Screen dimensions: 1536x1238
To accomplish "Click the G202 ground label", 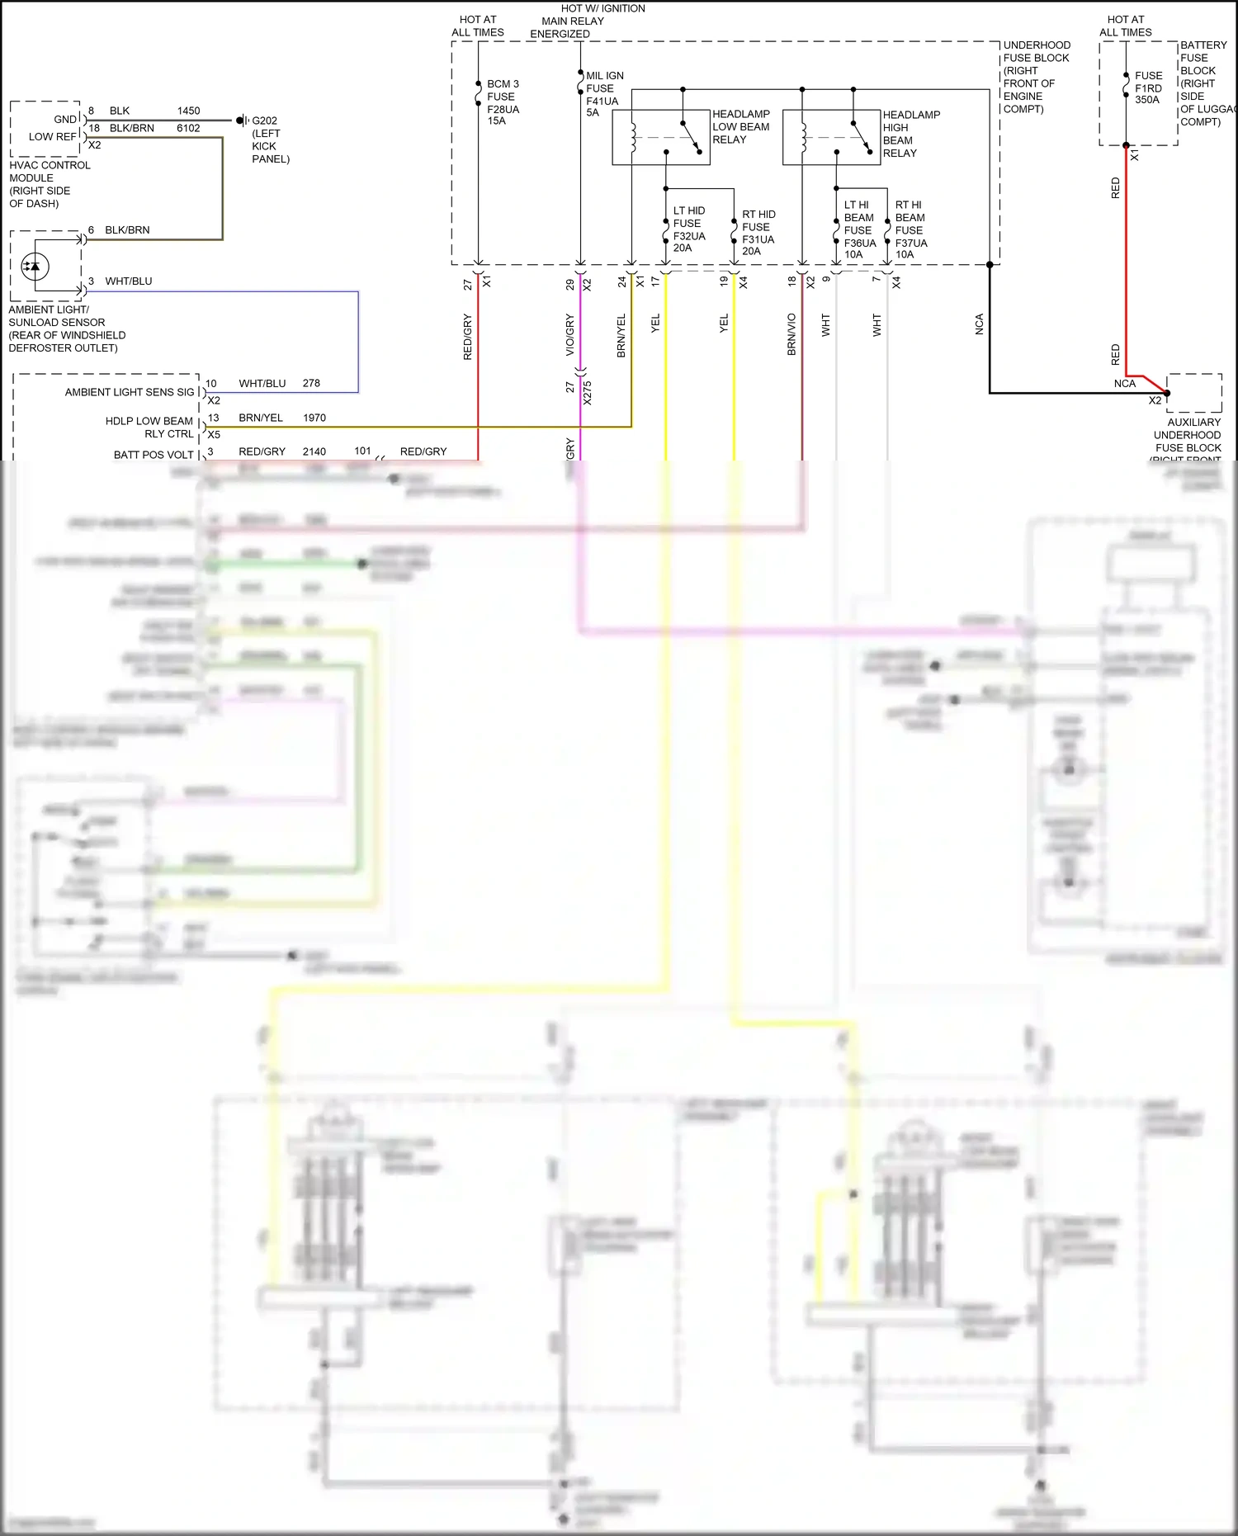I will click(264, 121).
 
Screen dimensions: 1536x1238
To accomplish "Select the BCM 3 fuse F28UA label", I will click(503, 102).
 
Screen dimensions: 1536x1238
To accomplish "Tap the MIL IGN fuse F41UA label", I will click(604, 94).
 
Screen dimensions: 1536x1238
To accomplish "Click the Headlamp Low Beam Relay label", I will click(740, 127).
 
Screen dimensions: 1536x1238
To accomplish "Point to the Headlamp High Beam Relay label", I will click(911, 134).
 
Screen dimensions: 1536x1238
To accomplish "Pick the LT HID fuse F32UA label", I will click(689, 229).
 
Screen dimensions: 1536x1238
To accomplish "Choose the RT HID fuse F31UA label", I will click(758, 233).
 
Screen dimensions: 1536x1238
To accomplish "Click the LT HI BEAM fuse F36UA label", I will click(859, 229).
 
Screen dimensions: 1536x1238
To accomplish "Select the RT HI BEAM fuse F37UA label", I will click(910, 229).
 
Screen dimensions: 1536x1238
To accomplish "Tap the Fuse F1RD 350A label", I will click(1148, 87).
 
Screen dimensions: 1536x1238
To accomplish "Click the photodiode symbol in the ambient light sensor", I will click(34, 267).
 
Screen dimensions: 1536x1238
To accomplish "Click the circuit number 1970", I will click(314, 418).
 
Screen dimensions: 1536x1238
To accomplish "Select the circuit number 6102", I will click(188, 128).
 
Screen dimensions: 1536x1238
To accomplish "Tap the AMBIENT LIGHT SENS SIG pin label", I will click(130, 392).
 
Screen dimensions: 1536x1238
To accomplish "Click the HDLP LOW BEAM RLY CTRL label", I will click(149, 427).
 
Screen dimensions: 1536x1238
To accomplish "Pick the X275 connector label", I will click(588, 392).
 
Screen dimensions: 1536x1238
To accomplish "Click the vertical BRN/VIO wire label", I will click(791, 334).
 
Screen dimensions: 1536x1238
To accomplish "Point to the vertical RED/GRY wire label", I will click(467, 337).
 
